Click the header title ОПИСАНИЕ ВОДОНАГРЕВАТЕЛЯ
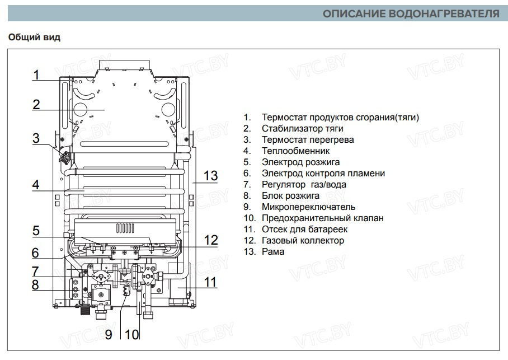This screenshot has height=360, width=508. (411, 13)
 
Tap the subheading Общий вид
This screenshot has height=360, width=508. (34, 38)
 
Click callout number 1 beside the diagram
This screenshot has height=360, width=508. (36, 75)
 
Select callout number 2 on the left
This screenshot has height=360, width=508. (36, 104)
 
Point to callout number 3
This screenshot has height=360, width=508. (36, 138)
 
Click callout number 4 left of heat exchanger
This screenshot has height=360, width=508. (36, 184)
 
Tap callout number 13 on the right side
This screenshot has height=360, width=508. (210, 176)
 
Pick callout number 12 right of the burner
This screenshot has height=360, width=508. (210, 240)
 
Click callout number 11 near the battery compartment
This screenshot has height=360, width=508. (209, 282)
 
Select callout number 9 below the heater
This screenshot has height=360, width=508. (109, 335)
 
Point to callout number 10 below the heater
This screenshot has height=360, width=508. (131, 335)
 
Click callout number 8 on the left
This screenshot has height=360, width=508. (36, 284)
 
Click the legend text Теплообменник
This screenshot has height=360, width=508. (295, 151)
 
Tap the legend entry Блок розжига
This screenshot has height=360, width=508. (290, 195)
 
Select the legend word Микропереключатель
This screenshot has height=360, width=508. (308, 207)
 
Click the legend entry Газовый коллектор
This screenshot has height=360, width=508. (303, 240)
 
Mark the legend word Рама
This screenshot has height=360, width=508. (273, 251)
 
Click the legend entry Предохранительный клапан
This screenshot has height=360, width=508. (322, 218)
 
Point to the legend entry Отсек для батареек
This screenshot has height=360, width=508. (304, 229)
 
